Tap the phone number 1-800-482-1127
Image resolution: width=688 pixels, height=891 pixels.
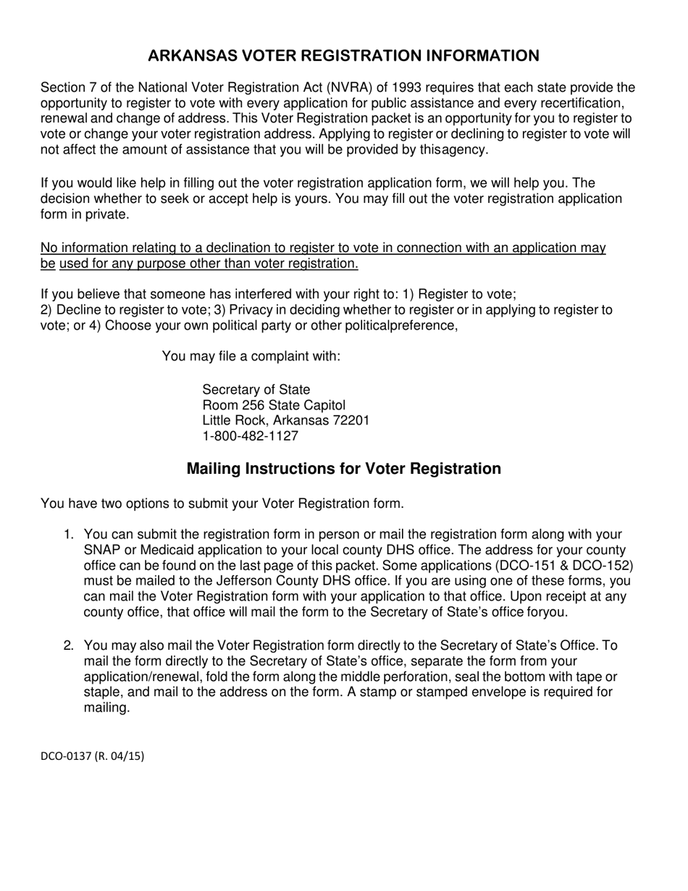click(x=250, y=436)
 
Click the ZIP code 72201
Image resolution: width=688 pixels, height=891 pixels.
click(x=351, y=420)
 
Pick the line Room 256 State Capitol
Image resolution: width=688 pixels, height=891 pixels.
click(x=274, y=405)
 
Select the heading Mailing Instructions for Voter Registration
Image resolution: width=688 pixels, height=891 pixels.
click(x=343, y=469)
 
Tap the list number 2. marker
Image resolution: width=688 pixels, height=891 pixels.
click(x=69, y=645)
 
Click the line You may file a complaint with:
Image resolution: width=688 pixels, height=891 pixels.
click(x=251, y=356)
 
